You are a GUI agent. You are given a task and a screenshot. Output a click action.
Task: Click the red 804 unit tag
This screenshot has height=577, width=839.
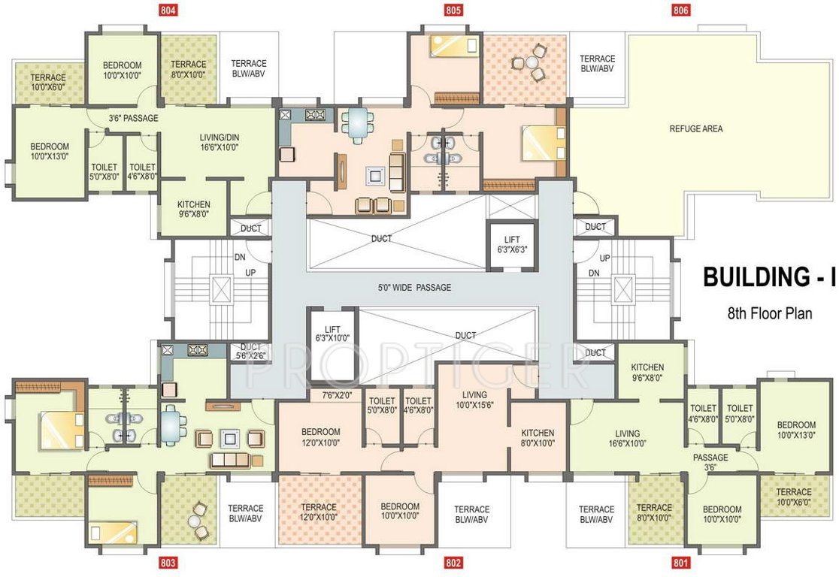coord(168,10)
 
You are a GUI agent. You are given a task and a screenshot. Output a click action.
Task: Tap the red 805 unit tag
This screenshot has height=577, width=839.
coord(453,10)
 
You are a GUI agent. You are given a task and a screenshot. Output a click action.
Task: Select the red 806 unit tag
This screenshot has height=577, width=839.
coord(680,10)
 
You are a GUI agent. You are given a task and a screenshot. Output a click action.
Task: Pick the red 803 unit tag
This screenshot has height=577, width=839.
coord(168,563)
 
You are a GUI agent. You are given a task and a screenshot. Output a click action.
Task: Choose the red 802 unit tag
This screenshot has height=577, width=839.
coord(453,563)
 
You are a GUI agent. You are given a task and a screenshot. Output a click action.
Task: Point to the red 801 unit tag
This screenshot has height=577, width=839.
coord(681,563)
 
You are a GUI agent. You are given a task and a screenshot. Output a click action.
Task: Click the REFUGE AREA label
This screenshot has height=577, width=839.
coord(695,129)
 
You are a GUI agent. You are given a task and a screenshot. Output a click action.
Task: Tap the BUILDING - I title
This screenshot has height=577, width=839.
coord(768,277)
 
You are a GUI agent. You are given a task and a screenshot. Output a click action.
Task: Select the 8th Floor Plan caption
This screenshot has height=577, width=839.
coord(769,313)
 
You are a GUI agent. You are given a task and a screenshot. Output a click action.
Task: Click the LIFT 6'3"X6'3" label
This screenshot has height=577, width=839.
coord(512,244)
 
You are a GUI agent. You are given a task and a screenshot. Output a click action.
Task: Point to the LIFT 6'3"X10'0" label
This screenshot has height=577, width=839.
coord(332,334)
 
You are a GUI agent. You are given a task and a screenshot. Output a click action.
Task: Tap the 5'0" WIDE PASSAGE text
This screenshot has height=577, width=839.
coord(415,288)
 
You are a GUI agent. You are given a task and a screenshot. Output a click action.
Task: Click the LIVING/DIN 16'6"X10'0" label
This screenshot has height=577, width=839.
coord(220,142)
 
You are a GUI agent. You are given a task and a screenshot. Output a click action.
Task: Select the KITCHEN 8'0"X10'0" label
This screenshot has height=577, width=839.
coord(538,438)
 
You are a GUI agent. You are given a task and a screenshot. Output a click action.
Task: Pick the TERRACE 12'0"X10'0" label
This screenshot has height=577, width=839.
coord(318,512)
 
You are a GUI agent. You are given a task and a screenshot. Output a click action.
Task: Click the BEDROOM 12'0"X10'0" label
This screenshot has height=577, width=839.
coord(320,437)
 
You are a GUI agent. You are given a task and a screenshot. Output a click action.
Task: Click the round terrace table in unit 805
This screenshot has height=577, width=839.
coord(532,62)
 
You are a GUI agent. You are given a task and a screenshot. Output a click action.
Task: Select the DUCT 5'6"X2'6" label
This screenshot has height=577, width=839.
coord(250,352)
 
